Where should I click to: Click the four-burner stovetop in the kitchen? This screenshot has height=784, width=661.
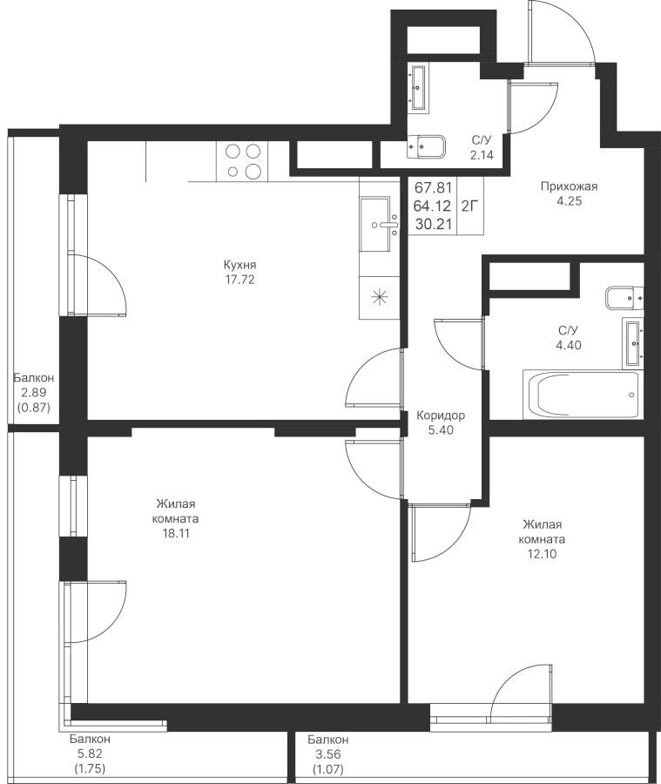tap(242, 161)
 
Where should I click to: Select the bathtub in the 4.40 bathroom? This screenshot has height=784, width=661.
tap(581, 394)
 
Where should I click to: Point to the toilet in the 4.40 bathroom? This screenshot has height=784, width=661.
tap(624, 298)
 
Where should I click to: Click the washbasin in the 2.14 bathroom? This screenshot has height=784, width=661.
tap(419, 87)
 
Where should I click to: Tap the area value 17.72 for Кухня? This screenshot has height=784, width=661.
tap(240, 280)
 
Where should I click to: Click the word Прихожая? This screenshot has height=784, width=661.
tap(569, 186)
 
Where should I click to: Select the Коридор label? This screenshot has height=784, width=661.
tap(441, 415)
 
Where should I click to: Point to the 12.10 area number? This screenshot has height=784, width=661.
tap(543, 554)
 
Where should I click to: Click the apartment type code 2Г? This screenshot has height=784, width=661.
tap(469, 206)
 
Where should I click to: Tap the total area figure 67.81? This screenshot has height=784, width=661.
tap(434, 188)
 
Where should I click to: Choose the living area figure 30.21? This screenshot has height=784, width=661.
tap(434, 224)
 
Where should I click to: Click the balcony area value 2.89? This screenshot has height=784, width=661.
tap(33, 393)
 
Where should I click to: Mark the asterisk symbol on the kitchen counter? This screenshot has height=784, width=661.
tap(380, 298)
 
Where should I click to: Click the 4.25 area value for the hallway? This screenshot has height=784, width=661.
tap(569, 201)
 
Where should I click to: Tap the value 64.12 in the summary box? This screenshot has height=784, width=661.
tap(434, 206)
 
